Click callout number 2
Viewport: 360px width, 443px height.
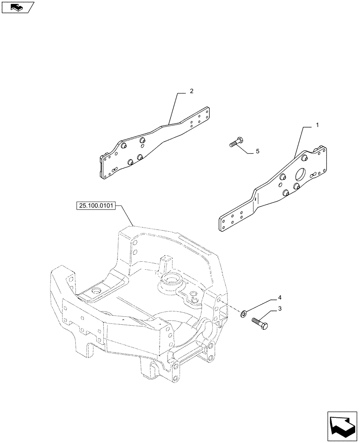click(x=191, y=91)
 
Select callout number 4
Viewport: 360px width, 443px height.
click(x=280, y=296)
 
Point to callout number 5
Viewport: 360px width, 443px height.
click(x=257, y=152)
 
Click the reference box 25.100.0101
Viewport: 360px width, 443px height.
click(x=96, y=206)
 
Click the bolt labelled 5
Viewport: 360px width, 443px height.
click(x=235, y=143)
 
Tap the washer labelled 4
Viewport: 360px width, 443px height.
click(x=244, y=314)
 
